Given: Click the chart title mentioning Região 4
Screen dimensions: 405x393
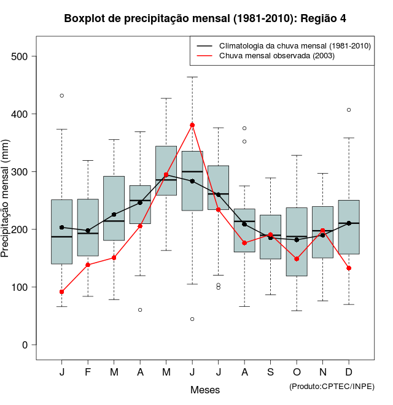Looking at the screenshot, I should click(x=205, y=18).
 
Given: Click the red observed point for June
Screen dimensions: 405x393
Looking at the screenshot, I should click(x=192, y=125).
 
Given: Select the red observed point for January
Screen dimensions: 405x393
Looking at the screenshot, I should click(x=62, y=291).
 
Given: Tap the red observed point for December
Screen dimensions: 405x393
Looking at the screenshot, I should click(x=349, y=268).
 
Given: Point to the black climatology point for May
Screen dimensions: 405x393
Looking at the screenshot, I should click(x=166, y=175).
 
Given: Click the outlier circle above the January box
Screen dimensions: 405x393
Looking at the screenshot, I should click(x=62, y=96).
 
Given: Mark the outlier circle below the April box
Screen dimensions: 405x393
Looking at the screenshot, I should click(x=140, y=310).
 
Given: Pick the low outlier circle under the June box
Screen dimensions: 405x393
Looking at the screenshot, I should click(x=192, y=319).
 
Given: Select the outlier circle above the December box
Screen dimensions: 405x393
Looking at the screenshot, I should click(x=349, y=110).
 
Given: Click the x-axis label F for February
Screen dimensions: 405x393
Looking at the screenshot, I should click(x=88, y=372).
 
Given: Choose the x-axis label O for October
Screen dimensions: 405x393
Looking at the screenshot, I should click(x=297, y=372).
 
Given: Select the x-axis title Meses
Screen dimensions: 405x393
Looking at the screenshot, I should click(x=205, y=390).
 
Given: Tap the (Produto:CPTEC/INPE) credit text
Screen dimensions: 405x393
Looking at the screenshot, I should click(x=332, y=386).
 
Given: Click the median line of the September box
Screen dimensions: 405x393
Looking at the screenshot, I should click(x=270, y=235).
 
